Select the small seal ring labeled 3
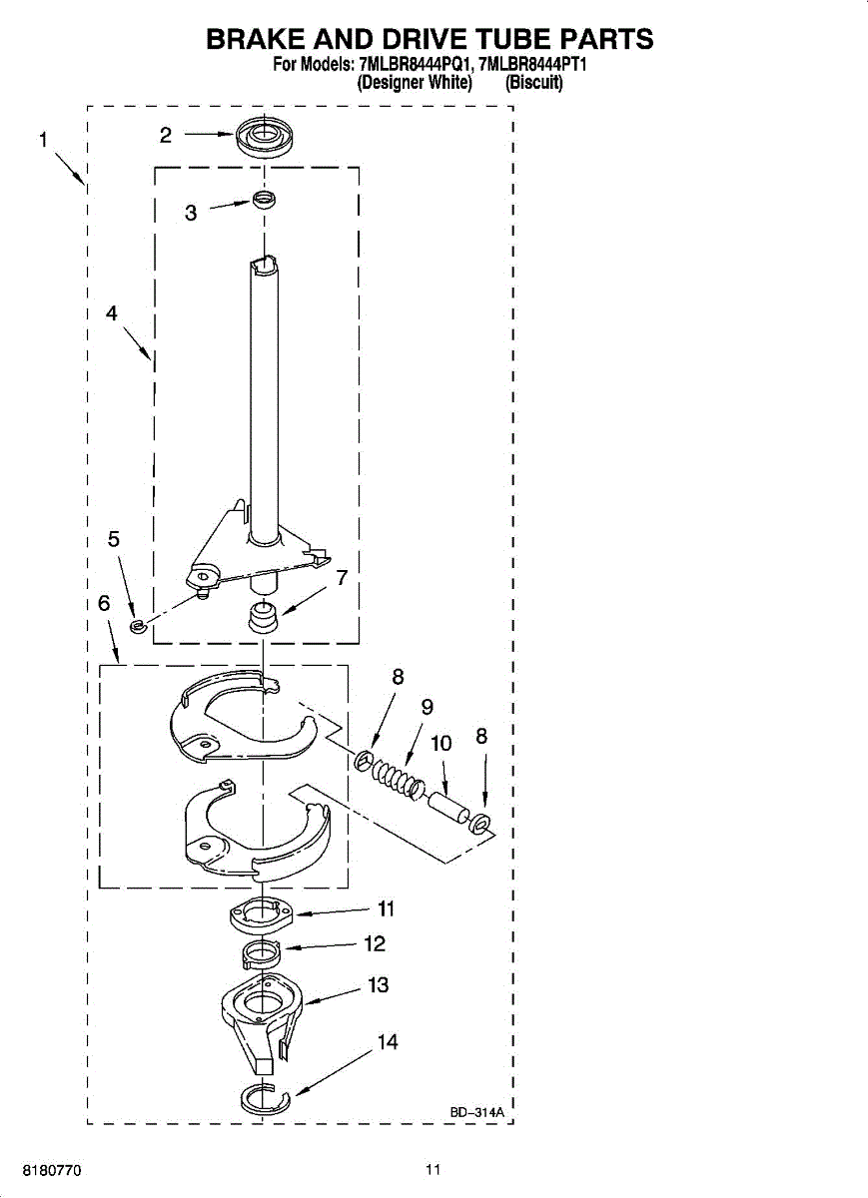263,201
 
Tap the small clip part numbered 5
138,627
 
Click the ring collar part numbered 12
257,954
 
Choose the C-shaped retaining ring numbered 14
265,1099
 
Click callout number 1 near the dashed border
43,141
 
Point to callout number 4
112,312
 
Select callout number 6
104,604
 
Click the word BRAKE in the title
259,40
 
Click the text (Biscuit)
534,84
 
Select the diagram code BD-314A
476,1111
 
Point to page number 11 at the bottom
433,1169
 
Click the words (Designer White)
415,84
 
